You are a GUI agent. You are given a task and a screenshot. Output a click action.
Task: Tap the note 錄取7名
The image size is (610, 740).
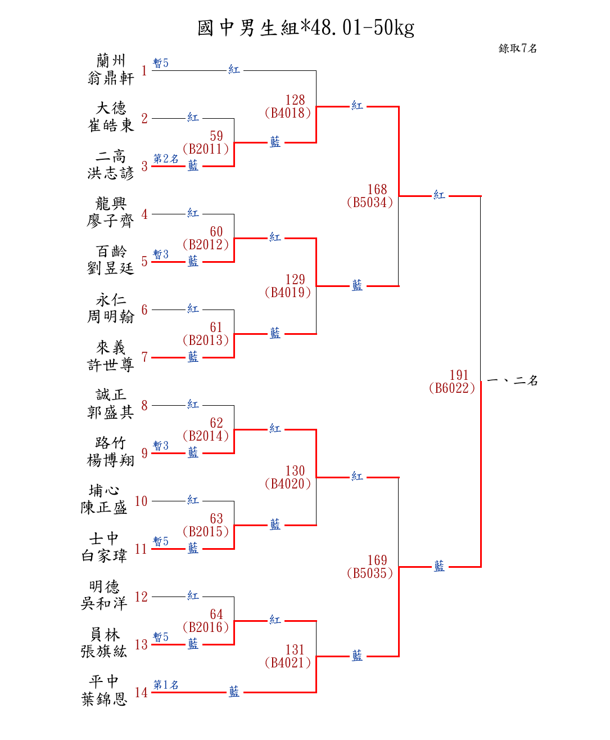[x=518, y=48]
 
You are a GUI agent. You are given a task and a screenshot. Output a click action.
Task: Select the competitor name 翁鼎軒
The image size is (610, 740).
[x=111, y=78]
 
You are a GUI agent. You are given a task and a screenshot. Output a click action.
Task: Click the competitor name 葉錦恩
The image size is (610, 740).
[x=104, y=699]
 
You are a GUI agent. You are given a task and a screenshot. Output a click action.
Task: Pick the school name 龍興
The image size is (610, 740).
[x=111, y=203]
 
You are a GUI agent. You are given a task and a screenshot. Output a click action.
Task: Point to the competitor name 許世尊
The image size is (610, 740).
[x=111, y=365]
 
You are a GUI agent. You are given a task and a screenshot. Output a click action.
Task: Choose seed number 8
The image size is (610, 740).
[x=144, y=405]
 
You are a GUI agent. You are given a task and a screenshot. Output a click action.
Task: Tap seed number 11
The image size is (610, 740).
[x=141, y=549]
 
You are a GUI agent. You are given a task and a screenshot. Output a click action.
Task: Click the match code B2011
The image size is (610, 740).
[x=206, y=149]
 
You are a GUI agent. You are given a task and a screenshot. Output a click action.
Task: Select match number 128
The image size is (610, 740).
[x=295, y=100]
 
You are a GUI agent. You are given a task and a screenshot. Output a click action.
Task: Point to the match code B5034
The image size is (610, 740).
[x=370, y=203]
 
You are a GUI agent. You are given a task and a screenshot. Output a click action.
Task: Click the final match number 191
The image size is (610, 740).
[x=459, y=375]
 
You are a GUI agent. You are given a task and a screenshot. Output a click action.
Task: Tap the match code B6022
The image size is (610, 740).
[x=452, y=388]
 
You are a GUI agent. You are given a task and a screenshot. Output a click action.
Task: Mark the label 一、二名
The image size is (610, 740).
[x=512, y=381]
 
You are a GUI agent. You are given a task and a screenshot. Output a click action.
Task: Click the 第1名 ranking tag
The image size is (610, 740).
[x=166, y=685]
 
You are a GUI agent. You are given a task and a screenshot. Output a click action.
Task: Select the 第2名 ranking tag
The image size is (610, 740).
[x=166, y=159]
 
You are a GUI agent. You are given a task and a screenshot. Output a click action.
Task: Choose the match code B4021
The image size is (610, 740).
[x=288, y=663]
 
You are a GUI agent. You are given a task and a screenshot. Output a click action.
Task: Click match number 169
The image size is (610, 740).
[x=377, y=560]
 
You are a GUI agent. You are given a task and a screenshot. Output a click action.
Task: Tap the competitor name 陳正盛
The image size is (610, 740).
[x=104, y=508]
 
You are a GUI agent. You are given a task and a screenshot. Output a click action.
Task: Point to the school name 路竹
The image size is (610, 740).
[x=111, y=442]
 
